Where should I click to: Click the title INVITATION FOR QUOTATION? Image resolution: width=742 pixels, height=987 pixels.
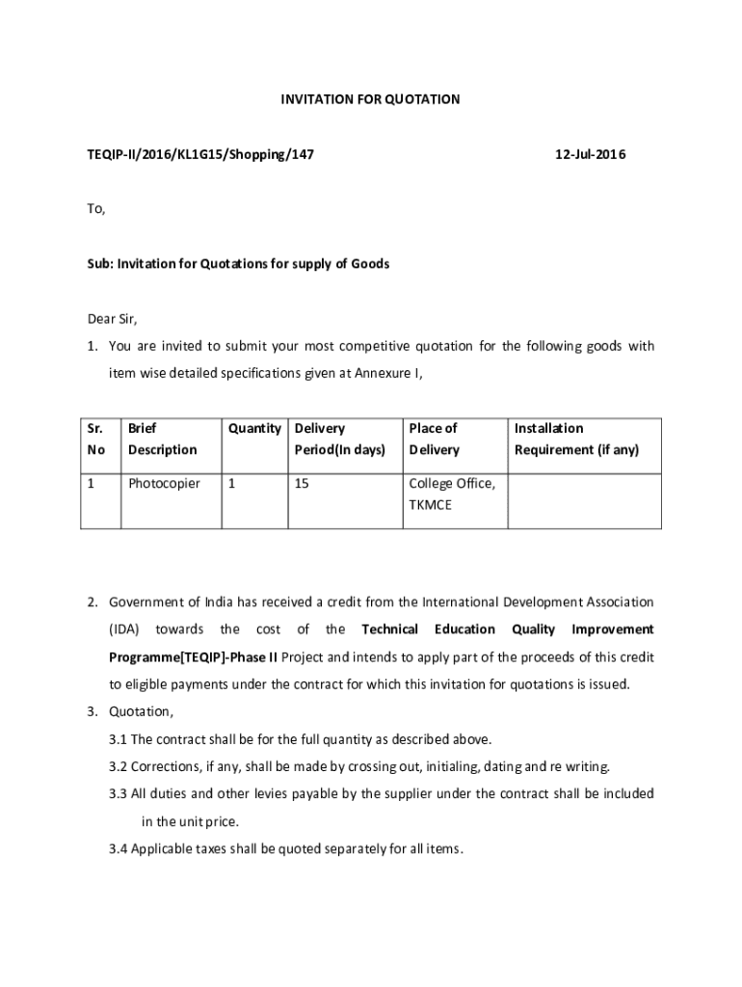[x=370, y=99]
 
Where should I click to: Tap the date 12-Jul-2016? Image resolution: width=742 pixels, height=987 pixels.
[x=591, y=154]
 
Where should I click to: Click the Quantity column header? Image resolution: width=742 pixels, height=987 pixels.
[x=254, y=428]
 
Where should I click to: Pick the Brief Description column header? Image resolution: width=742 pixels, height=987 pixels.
[x=162, y=439]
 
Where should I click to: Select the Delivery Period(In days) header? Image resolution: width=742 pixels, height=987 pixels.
[x=339, y=439]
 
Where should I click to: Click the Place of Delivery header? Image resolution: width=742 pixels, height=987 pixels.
[x=434, y=439]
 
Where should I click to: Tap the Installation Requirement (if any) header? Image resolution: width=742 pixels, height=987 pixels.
[x=576, y=439]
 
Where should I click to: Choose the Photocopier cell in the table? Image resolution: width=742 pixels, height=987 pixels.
[x=164, y=483]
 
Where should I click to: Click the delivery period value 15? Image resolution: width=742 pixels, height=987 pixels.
[x=302, y=483]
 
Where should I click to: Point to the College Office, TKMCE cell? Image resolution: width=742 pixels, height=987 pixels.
[x=452, y=493]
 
